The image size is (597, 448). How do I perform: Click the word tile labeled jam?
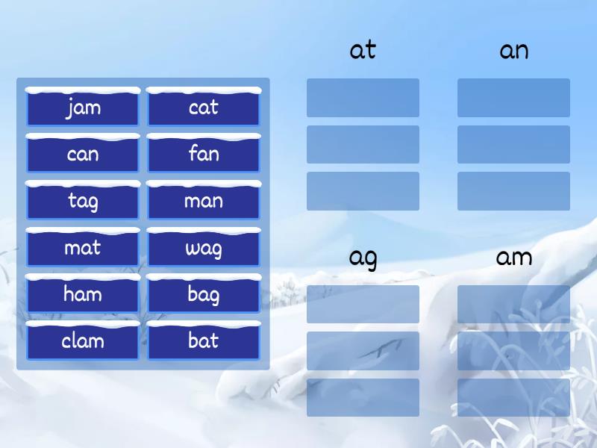click(x=83, y=108)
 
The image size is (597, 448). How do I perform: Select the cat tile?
click(x=204, y=108)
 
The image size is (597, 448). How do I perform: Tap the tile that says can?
click(x=83, y=155)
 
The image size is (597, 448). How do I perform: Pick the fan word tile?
click(x=204, y=155)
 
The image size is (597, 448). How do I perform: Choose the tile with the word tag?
click(x=83, y=202)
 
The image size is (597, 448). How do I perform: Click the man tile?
click(x=204, y=202)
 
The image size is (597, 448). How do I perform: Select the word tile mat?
click(x=83, y=248)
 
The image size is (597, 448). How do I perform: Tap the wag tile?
click(x=204, y=248)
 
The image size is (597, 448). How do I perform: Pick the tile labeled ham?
click(x=83, y=294)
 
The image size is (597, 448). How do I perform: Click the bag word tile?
click(x=204, y=294)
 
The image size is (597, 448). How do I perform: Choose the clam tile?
click(x=83, y=341)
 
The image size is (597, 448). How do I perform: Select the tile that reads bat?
click(x=204, y=341)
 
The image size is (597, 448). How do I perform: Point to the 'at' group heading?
click(x=363, y=51)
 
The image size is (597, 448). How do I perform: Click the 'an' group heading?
click(x=513, y=51)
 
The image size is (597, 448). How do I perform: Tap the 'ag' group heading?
click(x=363, y=258)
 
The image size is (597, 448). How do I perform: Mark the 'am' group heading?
click(x=513, y=258)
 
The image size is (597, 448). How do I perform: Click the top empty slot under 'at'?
click(x=363, y=98)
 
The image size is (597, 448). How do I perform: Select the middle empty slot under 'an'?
click(x=513, y=144)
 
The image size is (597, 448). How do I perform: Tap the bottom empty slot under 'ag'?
click(x=363, y=397)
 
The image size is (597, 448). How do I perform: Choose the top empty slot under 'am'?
click(x=513, y=304)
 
